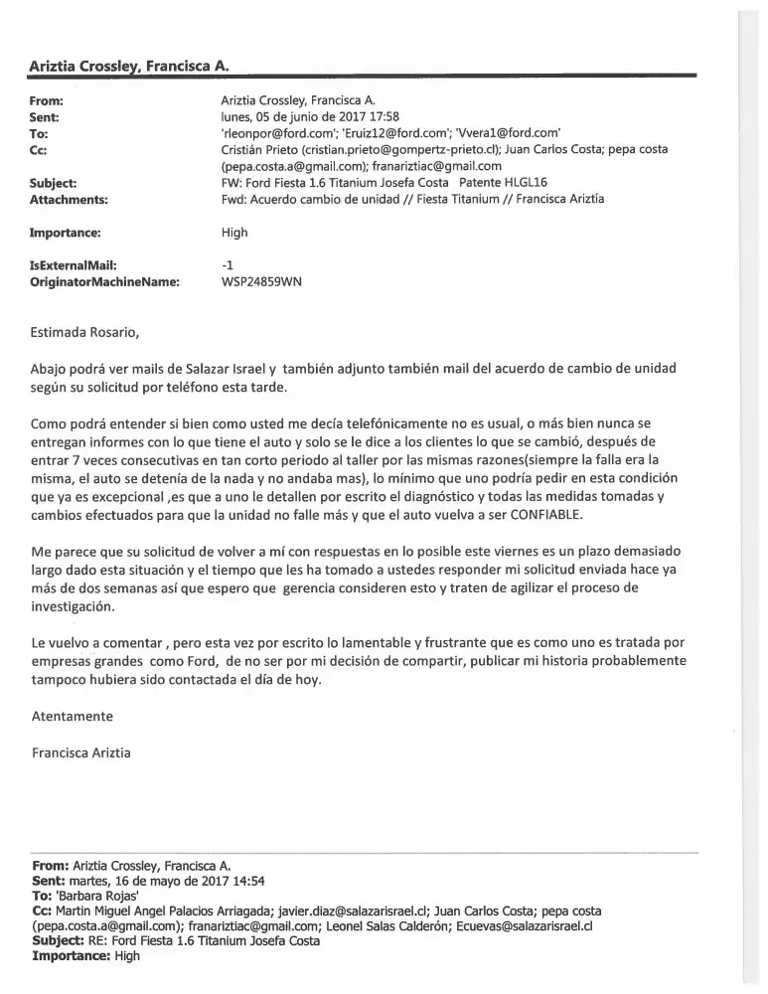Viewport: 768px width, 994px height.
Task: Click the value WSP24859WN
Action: click(x=261, y=281)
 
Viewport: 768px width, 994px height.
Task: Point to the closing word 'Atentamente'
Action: click(x=73, y=716)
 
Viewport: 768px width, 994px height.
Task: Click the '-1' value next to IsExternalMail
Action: click(x=227, y=265)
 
